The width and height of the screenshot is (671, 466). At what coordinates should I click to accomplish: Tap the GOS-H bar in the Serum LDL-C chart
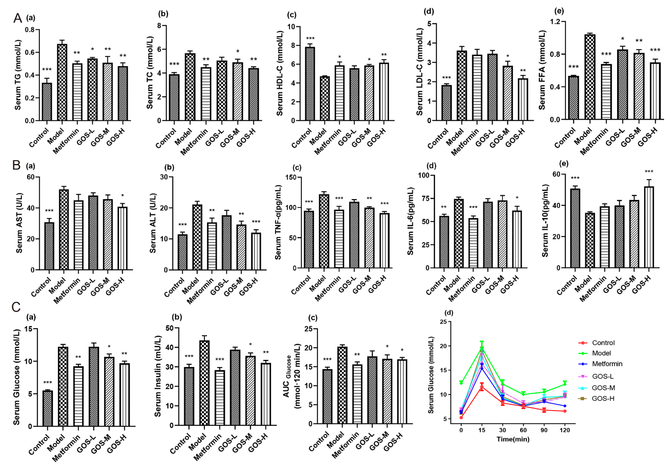(523, 99)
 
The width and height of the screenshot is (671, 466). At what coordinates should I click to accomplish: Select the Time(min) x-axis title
(513, 439)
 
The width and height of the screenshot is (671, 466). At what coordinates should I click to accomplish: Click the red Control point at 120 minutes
(565, 411)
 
